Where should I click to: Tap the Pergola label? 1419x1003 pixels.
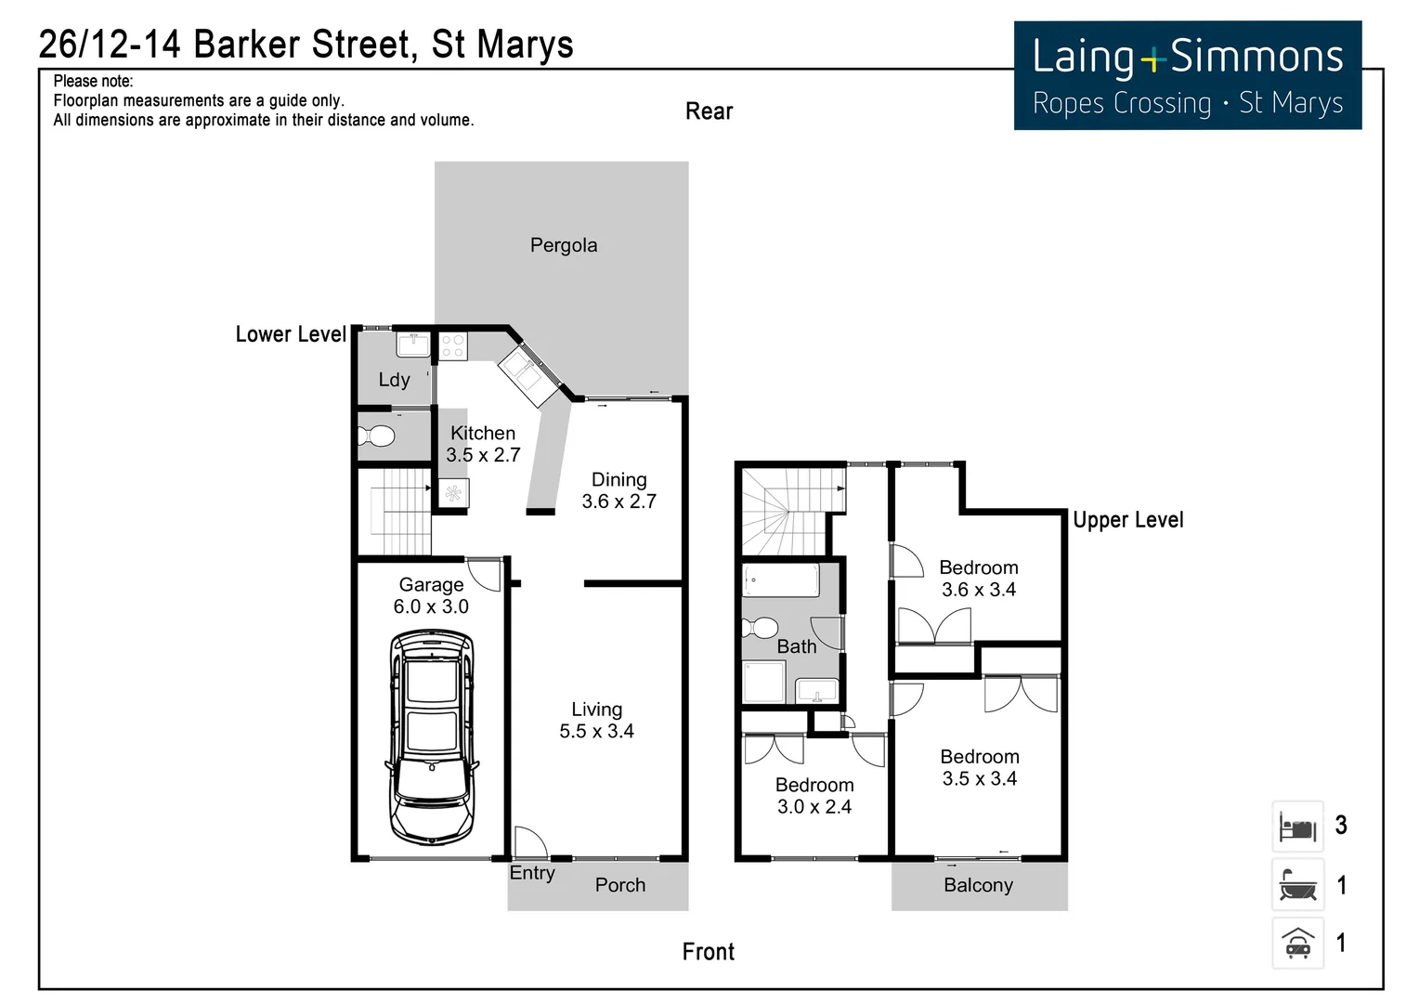click(x=564, y=245)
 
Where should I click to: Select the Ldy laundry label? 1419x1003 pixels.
click(x=394, y=380)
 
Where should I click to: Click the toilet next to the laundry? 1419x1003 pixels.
click(x=376, y=436)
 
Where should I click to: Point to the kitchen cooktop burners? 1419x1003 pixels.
click(x=452, y=346)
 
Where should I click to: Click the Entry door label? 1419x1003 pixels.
click(x=532, y=873)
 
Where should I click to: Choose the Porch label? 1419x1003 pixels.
click(x=619, y=885)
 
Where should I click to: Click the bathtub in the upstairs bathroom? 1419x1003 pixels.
click(x=780, y=582)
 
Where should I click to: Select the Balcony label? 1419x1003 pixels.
click(x=978, y=885)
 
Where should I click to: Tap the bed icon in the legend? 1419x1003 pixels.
click(x=1297, y=827)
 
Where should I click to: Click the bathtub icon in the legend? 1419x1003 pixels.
click(x=1297, y=885)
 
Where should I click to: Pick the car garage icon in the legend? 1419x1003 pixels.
click(x=1297, y=944)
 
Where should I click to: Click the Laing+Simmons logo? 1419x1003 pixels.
click(x=1187, y=76)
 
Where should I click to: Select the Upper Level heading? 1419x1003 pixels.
click(x=1127, y=520)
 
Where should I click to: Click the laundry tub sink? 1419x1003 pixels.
click(x=412, y=345)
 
